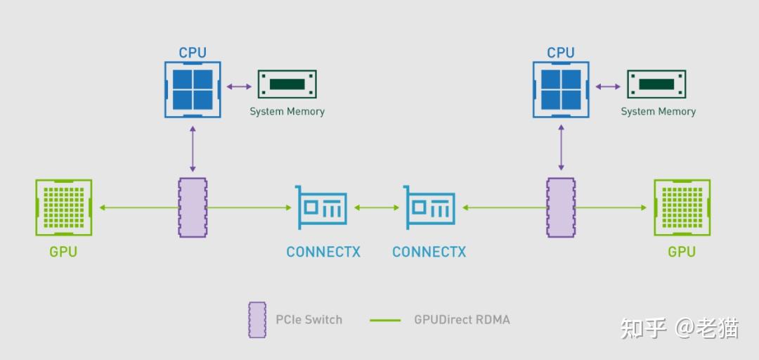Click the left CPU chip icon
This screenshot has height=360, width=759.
pyautogui.click(x=193, y=89)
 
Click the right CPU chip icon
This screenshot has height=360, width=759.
pyautogui.click(x=561, y=89)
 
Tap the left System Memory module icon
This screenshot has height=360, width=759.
pyautogui.click(x=287, y=84)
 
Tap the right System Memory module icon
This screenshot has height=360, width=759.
pyautogui.click(x=656, y=84)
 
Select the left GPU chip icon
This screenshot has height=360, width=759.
pyautogui.click(x=63, y=207)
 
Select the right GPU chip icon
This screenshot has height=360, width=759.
pyautogui.click(x=682, y=207)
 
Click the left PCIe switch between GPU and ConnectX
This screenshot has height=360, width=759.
pyautogui.click(x=193, y=207)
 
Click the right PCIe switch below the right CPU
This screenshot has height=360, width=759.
pyautogui.click(x=561, y=207)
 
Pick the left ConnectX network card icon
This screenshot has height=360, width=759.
pyautogui.click(x=321, y=207)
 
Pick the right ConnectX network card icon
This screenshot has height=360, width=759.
pyautogui.click(x=429, y=207)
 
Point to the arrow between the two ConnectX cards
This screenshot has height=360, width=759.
pyautogui.click(x=377, y=207)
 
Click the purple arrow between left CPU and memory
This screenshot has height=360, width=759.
pyautogui.click(x=239, y=86)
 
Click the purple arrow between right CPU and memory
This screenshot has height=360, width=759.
pyautogui.click(x=608, y=86)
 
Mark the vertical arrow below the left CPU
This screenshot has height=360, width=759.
pyautogui.click(x=193, y=148)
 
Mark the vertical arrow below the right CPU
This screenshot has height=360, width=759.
pyautogui.click(x=561, y=148)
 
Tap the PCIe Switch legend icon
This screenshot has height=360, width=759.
pyautogui.click(x=257, y=320)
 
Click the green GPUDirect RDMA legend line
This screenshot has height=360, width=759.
pyautogui.click(x=384, y=320)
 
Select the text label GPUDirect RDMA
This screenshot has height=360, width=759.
pyautogui.click(x=462, y=320)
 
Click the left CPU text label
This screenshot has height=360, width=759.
pyautogui.click(x=193, y=53)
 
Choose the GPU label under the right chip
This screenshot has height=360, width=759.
pyautogui.click(x=682, y=252)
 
